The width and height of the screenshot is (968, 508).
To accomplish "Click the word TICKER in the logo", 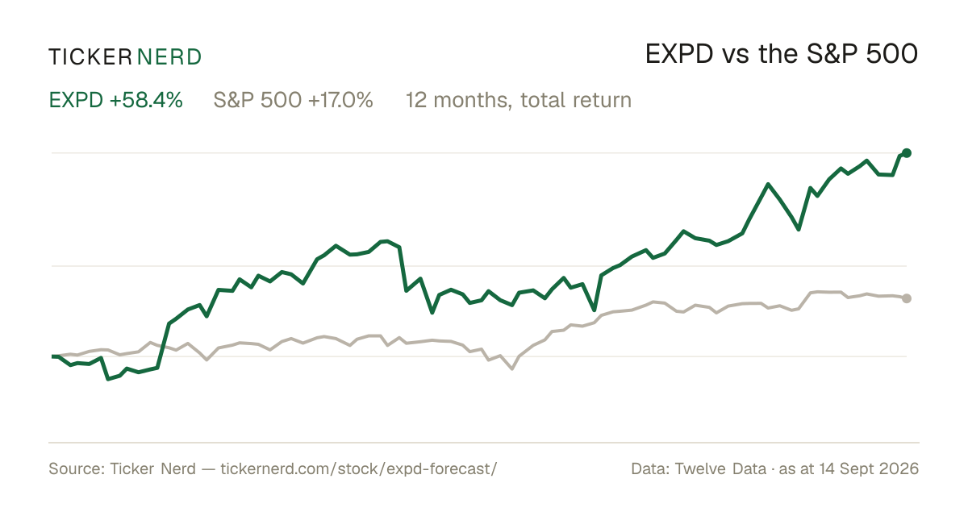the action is [90, 57].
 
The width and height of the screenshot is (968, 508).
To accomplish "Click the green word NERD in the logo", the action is [169, 57].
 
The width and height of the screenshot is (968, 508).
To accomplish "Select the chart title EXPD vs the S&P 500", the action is [782, 54].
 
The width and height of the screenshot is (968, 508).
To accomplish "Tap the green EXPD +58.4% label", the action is [116, 100].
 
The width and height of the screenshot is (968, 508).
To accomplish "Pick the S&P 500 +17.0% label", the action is [293, 100].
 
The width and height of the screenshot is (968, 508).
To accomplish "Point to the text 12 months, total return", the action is [519, 100].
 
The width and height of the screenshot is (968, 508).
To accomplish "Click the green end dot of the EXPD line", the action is [907, 153].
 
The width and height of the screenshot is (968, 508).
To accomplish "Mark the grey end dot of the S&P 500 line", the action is [907, 298].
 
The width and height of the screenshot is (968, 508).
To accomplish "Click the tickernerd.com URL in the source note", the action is [359, 468].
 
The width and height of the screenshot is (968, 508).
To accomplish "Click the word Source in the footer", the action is [74, 468].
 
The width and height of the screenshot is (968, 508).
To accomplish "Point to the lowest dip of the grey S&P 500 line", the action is [512, 369].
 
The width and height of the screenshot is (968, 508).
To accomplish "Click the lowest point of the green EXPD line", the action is [108, 379].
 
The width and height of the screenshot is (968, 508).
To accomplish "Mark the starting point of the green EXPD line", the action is [52, 356].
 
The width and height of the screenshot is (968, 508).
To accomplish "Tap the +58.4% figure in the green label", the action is [146, 100].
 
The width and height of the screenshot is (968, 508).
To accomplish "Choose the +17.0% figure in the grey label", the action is [340, 100].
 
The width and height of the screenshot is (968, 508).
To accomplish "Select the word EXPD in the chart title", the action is [679, 54].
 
